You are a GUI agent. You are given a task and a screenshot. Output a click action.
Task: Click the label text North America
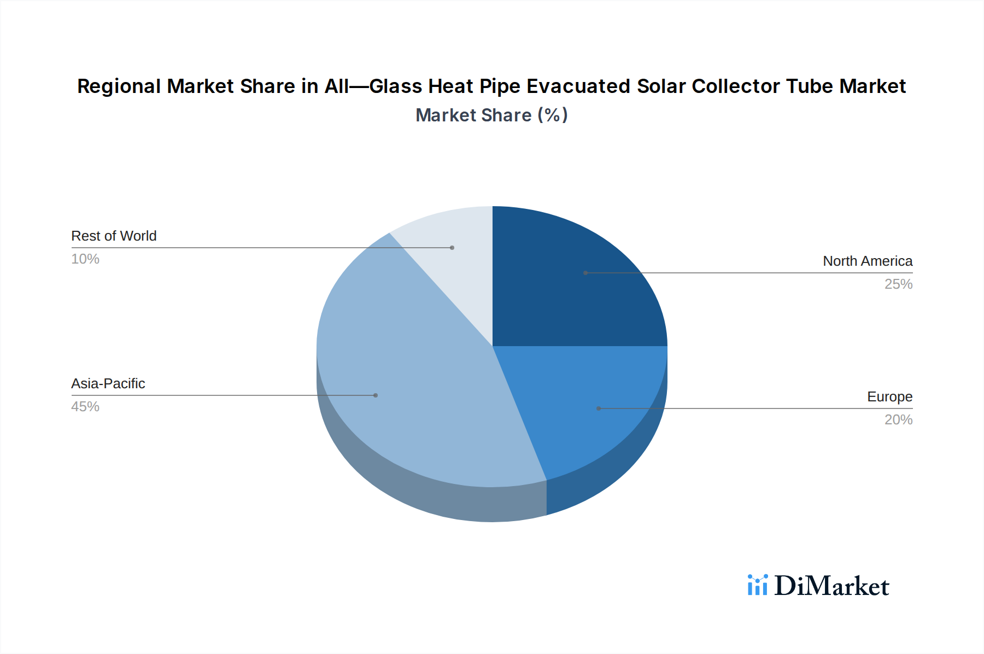tap(867, 261)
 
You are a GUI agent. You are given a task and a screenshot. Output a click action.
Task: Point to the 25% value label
tap(898, 284)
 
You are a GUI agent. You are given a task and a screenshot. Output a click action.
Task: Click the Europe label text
tap(889, 397)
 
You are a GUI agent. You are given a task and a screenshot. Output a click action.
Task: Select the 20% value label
tap(898, 420)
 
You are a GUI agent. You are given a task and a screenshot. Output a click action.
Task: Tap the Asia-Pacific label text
tap(108, 384)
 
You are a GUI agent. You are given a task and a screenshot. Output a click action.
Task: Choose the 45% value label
tap(85, 407)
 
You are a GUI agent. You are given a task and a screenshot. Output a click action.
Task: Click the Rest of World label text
tap(114, 236)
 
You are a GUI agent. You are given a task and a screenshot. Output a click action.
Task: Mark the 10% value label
tap(85, 259)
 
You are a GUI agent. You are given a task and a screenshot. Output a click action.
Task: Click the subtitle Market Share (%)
tap(491, 115)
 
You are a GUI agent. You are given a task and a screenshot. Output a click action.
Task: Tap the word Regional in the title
tap(119, 86)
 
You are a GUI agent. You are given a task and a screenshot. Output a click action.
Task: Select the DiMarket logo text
tap(831, 586)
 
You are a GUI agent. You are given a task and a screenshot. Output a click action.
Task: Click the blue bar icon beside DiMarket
tap(757, 585)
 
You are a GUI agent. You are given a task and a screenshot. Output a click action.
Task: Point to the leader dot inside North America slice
tap(585, 273)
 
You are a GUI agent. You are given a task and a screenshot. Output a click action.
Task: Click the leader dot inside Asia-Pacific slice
tap(376, 395)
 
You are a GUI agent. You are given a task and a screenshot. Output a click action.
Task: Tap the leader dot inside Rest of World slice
tap(452, 248)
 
